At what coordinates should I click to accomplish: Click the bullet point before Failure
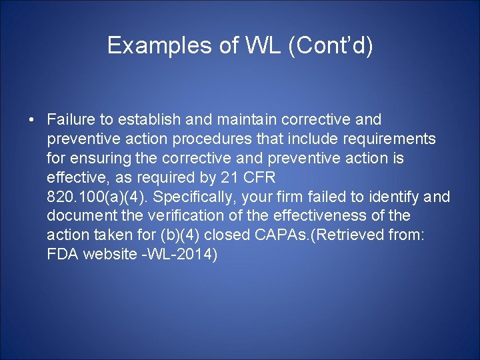32,120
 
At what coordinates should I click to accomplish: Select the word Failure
71,120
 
